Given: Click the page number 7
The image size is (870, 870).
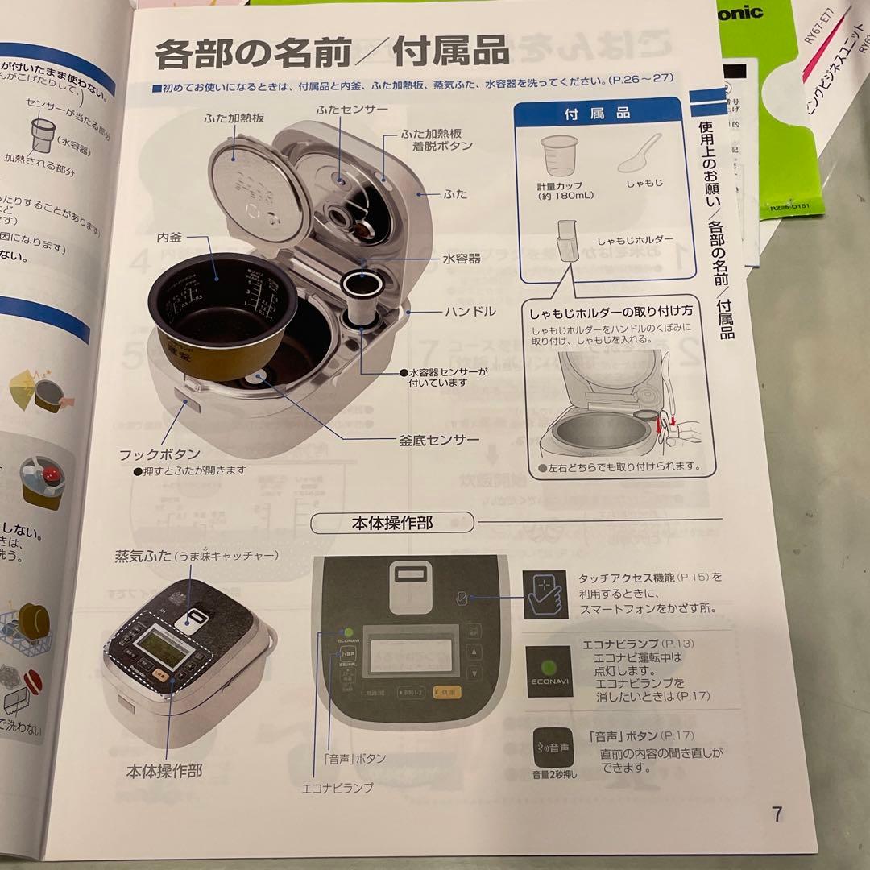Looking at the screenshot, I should [777, 814].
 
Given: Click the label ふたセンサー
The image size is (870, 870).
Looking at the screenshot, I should [352, 108].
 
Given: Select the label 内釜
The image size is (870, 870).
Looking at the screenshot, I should [172, 238].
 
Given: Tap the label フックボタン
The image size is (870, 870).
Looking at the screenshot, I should [160, 454].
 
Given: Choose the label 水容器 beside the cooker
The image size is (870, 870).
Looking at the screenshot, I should [462, 259].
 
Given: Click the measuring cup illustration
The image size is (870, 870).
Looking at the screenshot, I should [559, 157].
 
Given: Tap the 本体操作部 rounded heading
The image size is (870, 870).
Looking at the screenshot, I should [391, 523].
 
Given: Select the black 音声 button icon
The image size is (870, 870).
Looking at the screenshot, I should [553, 748].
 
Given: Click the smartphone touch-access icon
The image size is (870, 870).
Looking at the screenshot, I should [545, 594].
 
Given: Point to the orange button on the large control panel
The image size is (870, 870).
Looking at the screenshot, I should [446, 691].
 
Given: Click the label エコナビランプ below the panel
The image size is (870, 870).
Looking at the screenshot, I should [338, 788].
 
